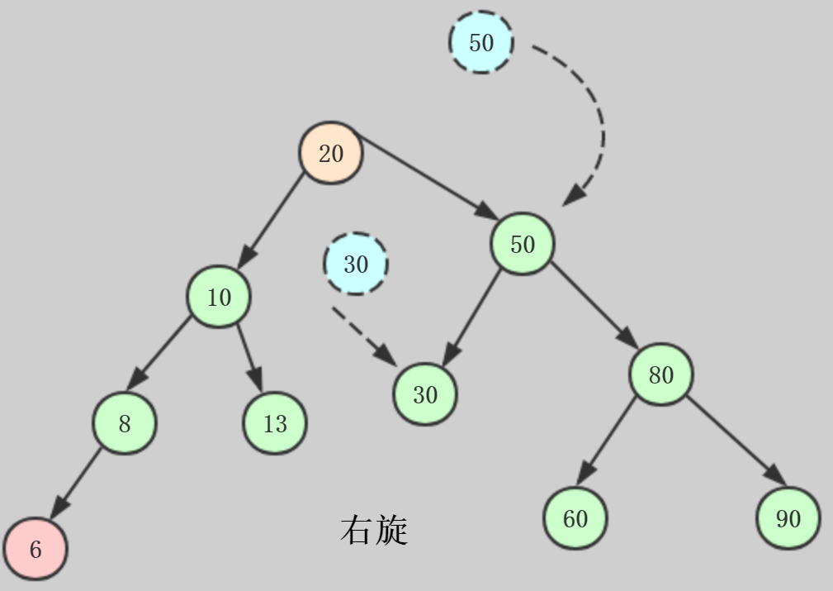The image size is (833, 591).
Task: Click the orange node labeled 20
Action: tap(330, 153)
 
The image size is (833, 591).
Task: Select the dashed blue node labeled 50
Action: tap(481, 42)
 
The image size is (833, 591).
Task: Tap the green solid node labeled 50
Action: tap(523, 244)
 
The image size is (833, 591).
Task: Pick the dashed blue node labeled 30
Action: tap(356, 264)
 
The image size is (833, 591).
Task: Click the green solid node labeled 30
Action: tap(425, 394)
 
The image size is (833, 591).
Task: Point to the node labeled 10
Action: tap(219, 297)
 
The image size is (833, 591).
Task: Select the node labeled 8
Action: tap(124, 423)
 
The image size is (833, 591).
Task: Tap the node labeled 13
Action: tap(275, 423)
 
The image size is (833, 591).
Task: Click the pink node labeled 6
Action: tap(35, 550)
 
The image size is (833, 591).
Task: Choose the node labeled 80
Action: tap(660, 374)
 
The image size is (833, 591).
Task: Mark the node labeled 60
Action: tap(575, 518)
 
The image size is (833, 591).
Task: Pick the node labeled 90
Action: tap(788, 518)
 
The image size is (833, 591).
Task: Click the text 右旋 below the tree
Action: tap(374, 530)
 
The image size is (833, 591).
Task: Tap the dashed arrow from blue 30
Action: tap(363, 335)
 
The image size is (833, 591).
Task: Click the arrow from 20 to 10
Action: tap(274, 222)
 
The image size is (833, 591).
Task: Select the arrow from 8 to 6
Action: tap(78, 482)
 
